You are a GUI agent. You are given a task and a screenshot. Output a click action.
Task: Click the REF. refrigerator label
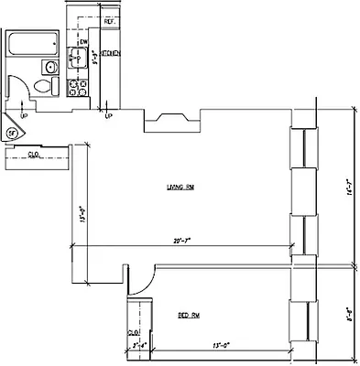109,21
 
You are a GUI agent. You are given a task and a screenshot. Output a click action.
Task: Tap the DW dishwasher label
83,42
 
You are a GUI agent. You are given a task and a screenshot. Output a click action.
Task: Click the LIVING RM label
180,188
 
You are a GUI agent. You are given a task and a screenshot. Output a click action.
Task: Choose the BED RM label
190,316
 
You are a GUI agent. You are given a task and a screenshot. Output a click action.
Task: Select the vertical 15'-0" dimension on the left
82,220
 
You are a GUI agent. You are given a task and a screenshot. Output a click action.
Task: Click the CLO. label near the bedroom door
132,331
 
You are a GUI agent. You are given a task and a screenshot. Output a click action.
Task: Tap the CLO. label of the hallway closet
33,155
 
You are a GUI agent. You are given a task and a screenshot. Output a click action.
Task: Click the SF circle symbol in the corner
12,134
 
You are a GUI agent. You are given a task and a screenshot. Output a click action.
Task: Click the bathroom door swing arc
18,96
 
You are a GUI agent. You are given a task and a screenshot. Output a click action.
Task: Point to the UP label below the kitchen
108,116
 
